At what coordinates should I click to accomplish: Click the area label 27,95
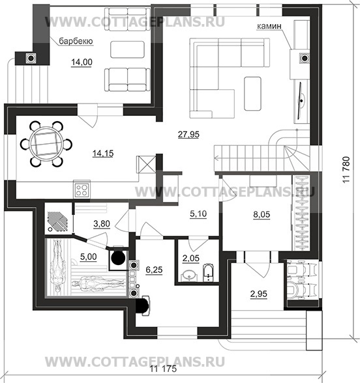(x=188, y=134)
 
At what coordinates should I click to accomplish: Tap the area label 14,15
(x=103, y=154)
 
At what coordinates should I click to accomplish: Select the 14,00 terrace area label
(x=82, y=62)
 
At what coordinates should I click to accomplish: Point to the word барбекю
(x=76, y=41)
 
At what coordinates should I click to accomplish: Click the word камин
(x=269, y=26)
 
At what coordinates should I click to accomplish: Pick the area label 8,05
(x=262, y=214)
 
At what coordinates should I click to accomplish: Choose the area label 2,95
(x=258, y=294)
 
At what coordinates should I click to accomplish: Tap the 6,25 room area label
(x=154, y=270)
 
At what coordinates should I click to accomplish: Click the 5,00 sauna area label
(x=88, y=257)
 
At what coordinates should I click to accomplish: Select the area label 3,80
(x=102, y=223)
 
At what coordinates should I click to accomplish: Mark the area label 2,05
(x=191, y=258)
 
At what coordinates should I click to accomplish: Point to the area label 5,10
(x=198, y=214)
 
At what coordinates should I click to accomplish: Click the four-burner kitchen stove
(x=82, y=190)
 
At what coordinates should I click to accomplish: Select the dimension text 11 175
(x=163, y=369)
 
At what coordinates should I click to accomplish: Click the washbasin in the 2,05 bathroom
(x=190, y=276)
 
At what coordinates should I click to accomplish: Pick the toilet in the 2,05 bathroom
(x=209, y=272)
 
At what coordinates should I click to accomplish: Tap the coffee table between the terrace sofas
(x=127, y=50)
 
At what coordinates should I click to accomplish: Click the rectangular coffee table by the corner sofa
(x=252, y=94)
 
